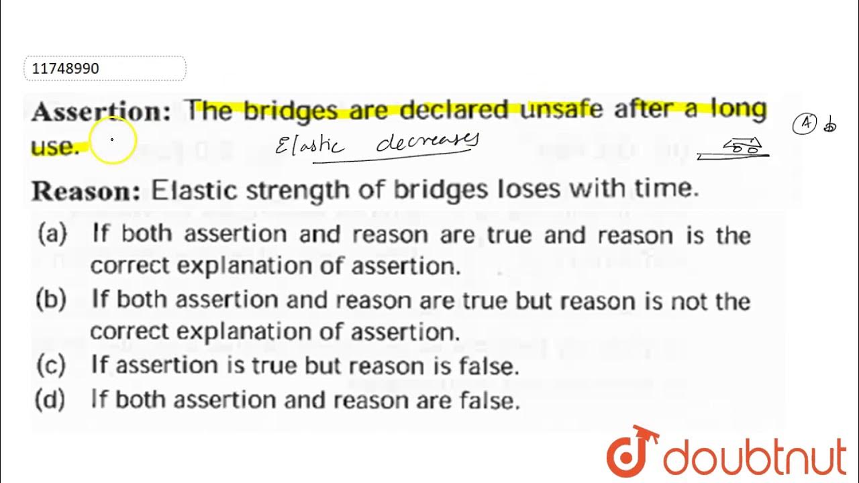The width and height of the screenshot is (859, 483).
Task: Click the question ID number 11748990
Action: pyautogui.click(x=66, y=68)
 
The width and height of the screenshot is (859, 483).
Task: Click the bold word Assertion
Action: pyautogui.click(x=101, y=111)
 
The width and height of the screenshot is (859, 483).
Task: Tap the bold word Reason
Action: pyautogui.click(x=86, y=191)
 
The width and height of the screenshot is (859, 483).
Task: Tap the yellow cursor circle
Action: pyautogui.click(x=112, y=140)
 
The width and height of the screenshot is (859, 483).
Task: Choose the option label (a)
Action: pyautogui.click(x=53, y=234)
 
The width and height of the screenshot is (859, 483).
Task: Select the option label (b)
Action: pyautogui.click(x=51, y=300)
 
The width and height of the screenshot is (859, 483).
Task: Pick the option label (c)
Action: pyautogui.click(x=51, y=366)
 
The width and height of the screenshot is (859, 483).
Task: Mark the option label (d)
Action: pyautogui.click(x=51, y=400)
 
